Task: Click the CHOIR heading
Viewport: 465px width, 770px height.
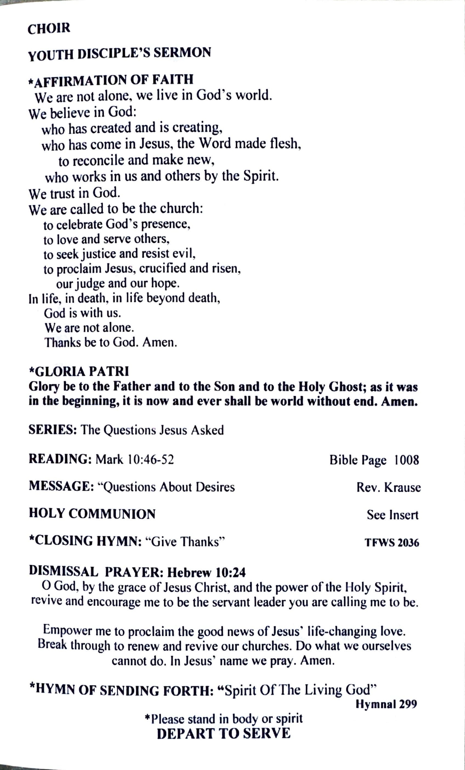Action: point(49,29)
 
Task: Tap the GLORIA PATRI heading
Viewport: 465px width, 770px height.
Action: point(79,372)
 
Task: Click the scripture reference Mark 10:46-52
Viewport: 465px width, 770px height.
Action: point(135,460)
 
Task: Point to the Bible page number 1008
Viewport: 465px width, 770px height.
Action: point(406,460)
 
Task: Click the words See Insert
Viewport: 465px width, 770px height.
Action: point(392,515)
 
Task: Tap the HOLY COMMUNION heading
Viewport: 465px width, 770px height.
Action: point(92,514)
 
